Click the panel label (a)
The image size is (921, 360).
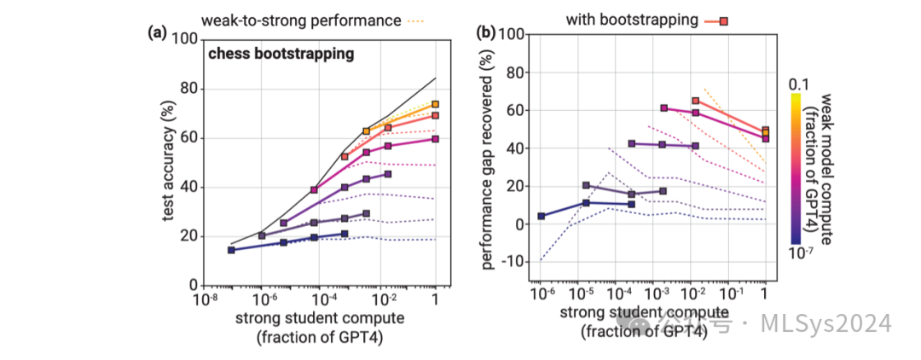tap(157, 33)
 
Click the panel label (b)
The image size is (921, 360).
tap(486, 33)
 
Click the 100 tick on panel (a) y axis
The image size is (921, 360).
tap(186, 39)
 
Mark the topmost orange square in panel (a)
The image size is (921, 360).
tap(436, 104)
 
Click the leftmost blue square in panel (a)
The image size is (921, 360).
tap(231, 250)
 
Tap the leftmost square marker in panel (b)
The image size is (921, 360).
tap(542, 216)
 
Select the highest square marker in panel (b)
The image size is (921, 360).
tap(695, 101)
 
